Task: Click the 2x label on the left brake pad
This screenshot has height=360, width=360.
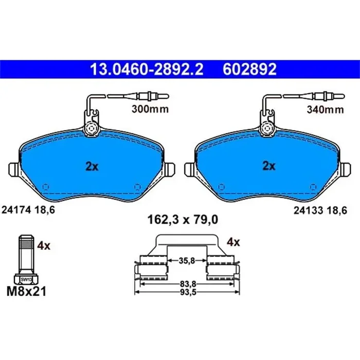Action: click(91, 166)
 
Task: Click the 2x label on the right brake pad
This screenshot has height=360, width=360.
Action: click(268, 166)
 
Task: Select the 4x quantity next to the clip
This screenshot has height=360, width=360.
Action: click(233, 241)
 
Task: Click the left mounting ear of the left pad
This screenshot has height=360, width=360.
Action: click(14, 169)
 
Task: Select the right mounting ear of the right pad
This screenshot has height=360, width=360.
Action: click(346, 169)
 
